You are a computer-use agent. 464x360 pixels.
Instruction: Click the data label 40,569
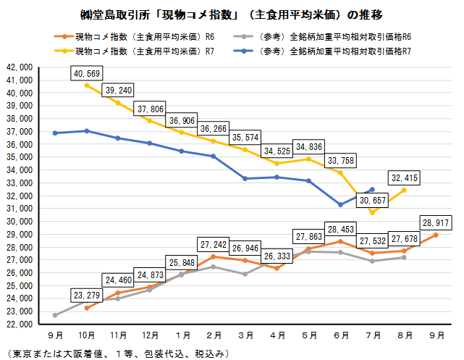point(87,73)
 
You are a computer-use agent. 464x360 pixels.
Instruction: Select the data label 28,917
point(436,222)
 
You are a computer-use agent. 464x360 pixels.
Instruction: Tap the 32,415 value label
point(404,178)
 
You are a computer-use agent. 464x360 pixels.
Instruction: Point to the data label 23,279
point(87,295)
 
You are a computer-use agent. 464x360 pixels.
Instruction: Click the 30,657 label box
point(372,201)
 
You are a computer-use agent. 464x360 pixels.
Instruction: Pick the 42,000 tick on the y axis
point(20,67)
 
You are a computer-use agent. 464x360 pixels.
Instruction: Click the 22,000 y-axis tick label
point(20,325)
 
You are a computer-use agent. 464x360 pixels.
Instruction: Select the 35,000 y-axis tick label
point(20,157)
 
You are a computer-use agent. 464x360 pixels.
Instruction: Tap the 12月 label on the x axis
point(151,335)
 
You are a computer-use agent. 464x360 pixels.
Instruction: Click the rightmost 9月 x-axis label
point(437,335)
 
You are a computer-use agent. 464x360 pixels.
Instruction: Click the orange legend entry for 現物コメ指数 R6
point(134,37)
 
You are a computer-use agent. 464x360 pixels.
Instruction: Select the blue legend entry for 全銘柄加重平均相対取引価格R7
point(322,51)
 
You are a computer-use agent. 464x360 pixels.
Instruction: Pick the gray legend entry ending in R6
point(322,37)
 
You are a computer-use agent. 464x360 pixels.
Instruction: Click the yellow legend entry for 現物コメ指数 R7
point(134,51)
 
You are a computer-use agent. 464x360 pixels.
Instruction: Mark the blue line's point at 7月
point(372,190)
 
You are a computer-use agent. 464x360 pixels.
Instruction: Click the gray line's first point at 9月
point(55,315)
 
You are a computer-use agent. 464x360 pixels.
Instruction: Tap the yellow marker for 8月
point(404,191)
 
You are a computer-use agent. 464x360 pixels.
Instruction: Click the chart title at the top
point(232,14)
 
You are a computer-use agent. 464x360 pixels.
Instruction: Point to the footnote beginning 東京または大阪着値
point(118,353)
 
